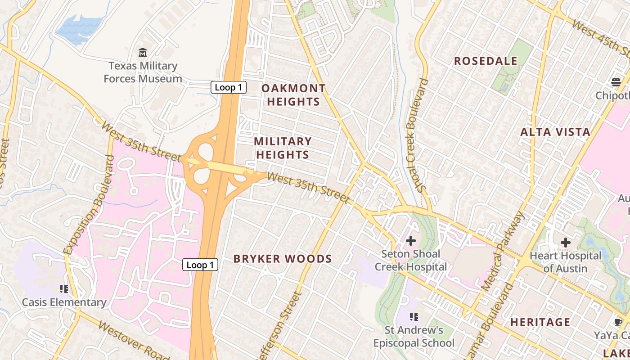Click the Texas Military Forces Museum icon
pos(143,52)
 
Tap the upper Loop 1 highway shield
pos(229,87)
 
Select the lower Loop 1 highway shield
pos(200,265)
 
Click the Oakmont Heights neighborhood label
pos(293,94)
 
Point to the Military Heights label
pos(283,148)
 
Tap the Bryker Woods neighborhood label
pos(283,259)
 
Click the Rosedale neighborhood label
pos(486,61)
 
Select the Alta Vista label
pos(555,132)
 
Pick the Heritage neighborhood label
pos(540,322)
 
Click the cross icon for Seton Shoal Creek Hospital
pos(410,241)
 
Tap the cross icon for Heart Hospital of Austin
pos(565,243)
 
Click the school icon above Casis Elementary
pos(63,288)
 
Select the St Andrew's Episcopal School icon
pos(414,317)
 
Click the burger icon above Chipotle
pos(616,82)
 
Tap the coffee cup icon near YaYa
pos(618,322)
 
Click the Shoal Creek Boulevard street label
pos(416,135)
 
